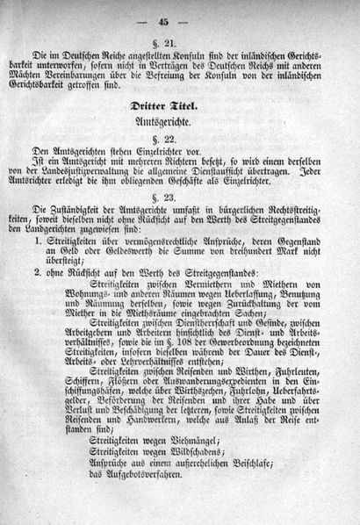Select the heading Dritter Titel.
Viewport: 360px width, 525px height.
181,107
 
